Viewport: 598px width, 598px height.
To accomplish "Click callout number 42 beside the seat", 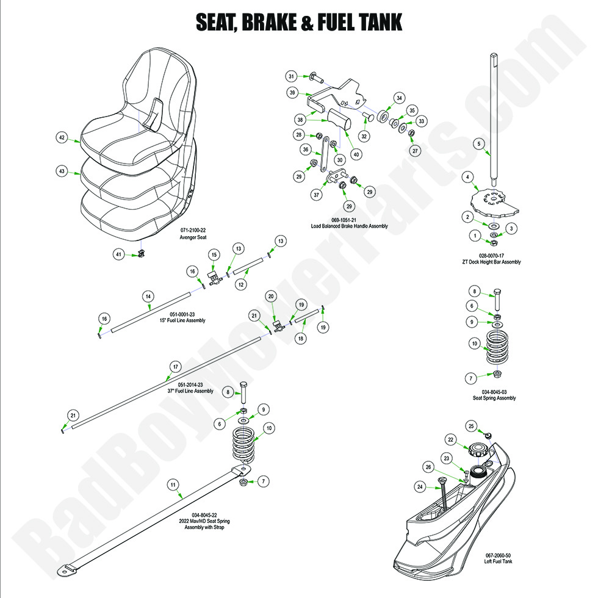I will [61, 138].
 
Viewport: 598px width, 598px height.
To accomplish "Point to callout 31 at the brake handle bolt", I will [292, 76].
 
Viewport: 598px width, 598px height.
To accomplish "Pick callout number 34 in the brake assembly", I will [399, 98].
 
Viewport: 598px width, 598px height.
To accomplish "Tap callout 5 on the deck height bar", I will [479, 143].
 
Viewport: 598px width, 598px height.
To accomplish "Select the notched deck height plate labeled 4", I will [494, 201].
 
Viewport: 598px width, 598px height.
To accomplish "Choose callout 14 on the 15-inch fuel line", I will [147, 297].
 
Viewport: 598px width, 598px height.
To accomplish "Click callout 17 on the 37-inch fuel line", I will [175, 367].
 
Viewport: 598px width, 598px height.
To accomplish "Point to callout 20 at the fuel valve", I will [271, 296].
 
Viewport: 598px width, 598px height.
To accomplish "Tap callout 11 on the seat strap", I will [173, 485].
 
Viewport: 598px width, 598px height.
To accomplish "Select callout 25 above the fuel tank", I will [470, 425].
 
